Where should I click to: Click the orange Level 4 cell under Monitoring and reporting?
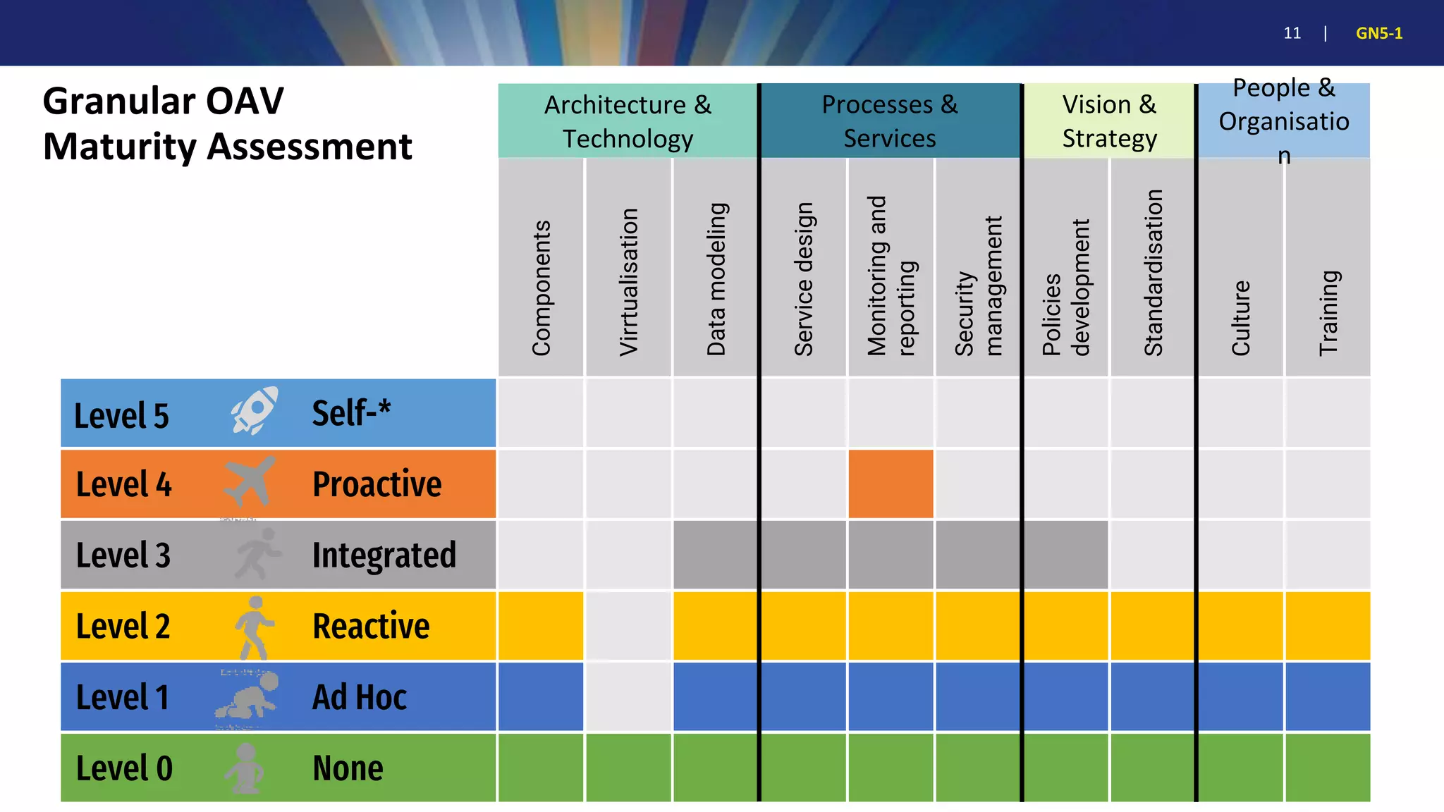click(x=891, y=484)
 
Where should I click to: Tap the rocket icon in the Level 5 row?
click(x=255, y=410)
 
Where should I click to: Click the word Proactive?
click(x=377, y=484)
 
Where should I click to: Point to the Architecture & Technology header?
click(x=628, y=121)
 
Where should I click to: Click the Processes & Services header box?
click(x=890, y=121)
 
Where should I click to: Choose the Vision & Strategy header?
click(x=1109, y=121)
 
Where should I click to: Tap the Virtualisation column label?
click(x=628, y=282)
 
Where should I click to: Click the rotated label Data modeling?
click(x=716, y=279)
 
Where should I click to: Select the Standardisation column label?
click(x=1153, y=273)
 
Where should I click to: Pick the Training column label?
click(x=1328, y=312)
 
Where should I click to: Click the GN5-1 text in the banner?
click(x=1378, y=33)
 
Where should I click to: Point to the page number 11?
click(x=1292, y=33)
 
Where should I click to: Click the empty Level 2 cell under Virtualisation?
click(x=628, y=626)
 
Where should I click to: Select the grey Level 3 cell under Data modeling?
click(x=716, y=555)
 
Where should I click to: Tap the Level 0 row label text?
click(x=124, y=768)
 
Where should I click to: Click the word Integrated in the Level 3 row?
click(x=384, y=555)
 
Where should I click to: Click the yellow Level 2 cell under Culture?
click(x=1240, y=626)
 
